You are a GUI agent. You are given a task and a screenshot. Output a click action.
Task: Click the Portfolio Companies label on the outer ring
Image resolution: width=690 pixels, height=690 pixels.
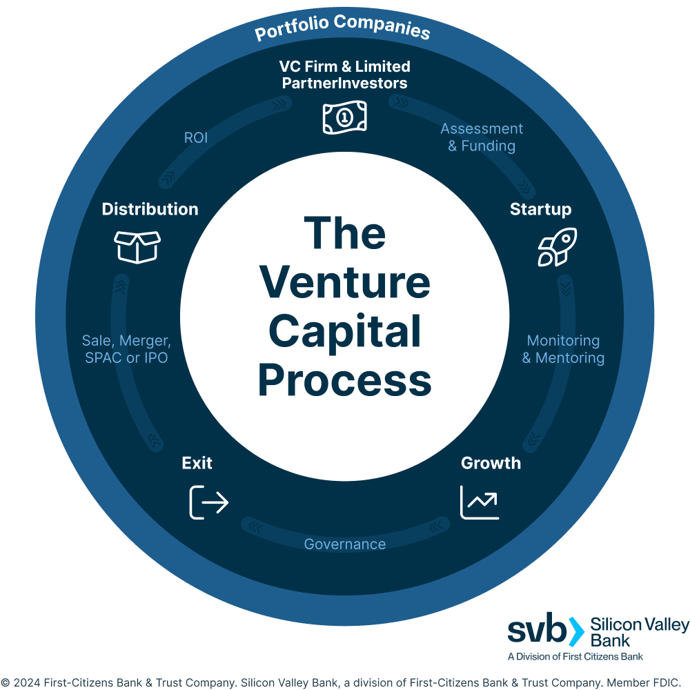[342, 28]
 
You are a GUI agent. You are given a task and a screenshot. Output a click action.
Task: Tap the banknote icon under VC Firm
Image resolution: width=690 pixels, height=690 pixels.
[344, 117]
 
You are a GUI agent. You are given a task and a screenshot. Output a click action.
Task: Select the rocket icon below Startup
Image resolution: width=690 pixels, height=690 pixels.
[557, 247]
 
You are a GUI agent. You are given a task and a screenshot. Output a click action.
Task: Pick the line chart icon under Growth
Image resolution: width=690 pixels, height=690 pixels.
[480, 502]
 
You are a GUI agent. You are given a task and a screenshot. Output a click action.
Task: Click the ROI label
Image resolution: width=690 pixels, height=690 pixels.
[196, 138]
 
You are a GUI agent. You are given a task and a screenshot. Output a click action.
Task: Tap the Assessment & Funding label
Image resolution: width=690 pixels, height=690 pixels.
[482, 137]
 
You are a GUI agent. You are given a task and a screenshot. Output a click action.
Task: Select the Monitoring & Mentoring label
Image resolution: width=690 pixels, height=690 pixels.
[563, 349]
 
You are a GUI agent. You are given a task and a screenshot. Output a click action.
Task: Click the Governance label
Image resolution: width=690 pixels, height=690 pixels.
[345, 544]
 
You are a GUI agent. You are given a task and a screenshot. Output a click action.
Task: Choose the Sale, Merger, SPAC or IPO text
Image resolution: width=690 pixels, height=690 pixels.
[126, 349]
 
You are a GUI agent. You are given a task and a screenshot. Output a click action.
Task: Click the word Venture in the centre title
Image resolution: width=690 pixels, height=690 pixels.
[345, 283]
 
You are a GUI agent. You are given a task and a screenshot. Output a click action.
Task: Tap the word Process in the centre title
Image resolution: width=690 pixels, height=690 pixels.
[345, 381]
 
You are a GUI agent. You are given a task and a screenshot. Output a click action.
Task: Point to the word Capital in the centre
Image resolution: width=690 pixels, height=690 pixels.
[345, 332]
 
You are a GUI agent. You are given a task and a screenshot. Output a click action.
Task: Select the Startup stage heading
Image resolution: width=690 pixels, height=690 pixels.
[540, 209]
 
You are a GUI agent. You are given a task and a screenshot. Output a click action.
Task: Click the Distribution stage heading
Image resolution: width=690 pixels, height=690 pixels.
[150, 209]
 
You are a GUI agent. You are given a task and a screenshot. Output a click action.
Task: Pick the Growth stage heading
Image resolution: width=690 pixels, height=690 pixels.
[491, 463]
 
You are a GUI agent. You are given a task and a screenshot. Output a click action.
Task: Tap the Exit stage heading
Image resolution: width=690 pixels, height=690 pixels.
[197, 463]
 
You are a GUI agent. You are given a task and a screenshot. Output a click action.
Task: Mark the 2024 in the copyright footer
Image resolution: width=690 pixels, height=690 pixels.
[26, 682]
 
